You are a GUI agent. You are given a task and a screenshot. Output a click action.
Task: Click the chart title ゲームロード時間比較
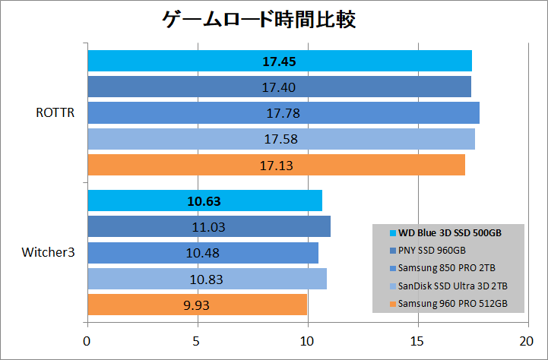(x=259, y=21)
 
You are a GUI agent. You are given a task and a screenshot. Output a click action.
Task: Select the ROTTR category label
(x=54, y=113)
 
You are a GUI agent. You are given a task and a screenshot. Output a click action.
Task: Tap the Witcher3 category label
(x=48, y=252)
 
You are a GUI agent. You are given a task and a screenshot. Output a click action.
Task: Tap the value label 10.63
(x=204, y=201)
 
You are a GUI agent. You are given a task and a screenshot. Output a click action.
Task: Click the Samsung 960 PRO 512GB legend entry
(x=453, y=305)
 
